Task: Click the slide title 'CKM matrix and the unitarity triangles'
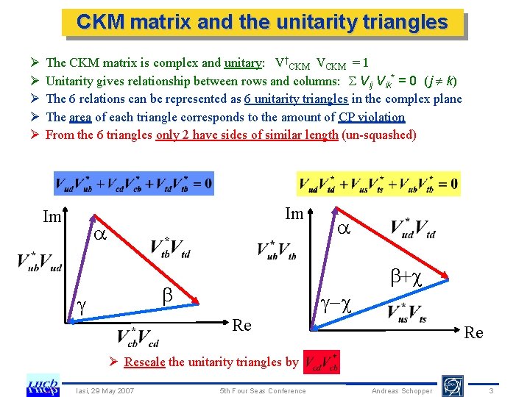tap(262, 23)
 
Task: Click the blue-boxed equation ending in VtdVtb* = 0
tap(133, 184)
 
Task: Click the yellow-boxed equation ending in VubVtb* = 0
tap(378, 184)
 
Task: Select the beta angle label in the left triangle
tap(167, 294)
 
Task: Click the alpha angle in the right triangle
tap(343, 229)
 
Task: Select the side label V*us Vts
tap(407, 313)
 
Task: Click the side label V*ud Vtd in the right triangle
tap(413, 229)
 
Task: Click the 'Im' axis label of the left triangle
tap(52, 217)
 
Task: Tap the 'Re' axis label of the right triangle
tap(473, 333)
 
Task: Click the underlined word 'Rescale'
tap(144, 361)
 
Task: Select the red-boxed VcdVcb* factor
tap(322, 361)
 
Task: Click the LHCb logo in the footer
tap(43, 385)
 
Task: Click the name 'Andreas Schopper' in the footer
tap(402, 390)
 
